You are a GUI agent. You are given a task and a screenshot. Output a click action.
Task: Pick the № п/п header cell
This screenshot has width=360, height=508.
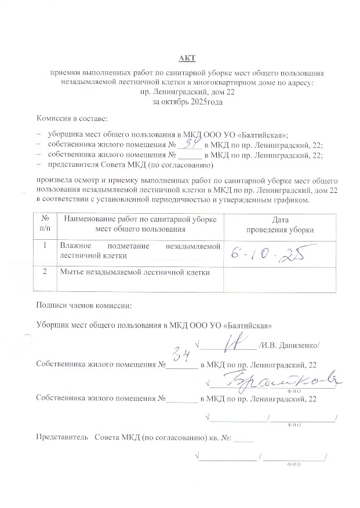pyautogui.click(x=46, y=224)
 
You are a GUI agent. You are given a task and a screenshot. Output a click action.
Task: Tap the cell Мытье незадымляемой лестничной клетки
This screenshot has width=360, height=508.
pyautogui.click(x=134, y=272)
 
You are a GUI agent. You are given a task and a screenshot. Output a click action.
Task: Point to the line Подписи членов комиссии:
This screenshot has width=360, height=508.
pyautogui.click(x=84, y=305)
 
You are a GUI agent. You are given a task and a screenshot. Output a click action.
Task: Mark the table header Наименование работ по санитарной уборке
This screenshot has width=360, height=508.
pyautogui.click(x=140, y=220)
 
